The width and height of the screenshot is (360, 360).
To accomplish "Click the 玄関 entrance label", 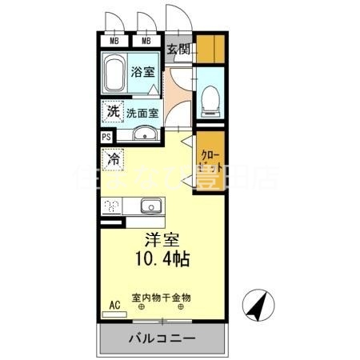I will pos(178,49).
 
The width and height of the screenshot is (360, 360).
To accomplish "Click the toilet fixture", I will pos(210,100).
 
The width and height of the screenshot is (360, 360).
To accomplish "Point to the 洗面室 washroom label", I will pos(142,112).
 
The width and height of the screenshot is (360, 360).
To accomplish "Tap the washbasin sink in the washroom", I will pos(145,134).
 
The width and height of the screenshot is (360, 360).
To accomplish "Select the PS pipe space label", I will pos(106,137).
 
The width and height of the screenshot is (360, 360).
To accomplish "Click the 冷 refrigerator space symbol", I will pos(114,159).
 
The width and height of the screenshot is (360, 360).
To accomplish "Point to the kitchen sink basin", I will pos(150,206).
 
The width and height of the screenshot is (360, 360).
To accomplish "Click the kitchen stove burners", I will pos(112,206).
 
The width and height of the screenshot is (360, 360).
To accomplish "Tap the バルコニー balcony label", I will pos(161,339).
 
